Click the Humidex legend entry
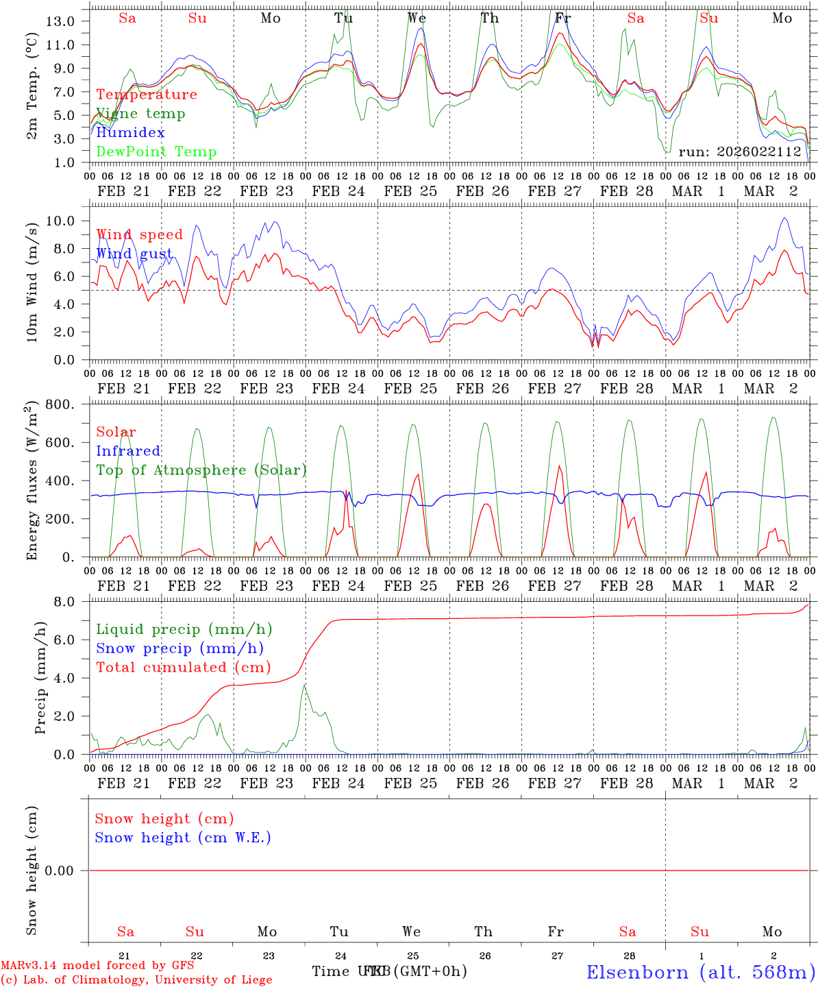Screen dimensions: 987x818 tap(130, 133)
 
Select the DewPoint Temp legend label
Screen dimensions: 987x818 tap(156, 152)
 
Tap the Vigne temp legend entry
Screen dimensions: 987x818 tap(140, 114)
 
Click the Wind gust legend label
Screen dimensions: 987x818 tap(134, 254)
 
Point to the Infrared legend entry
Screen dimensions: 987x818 tap(128, 451)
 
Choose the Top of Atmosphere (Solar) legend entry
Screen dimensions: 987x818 tap(201, 470)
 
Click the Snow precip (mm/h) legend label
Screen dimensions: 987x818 tap(179, 648)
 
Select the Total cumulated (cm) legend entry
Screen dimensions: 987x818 tap(183, 668)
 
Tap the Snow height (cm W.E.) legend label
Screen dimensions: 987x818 tap(183, 838)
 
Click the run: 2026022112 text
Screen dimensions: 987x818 tap(739, 151)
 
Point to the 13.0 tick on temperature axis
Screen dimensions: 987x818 tap(60, 21)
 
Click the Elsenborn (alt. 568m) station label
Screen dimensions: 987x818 tap(700, 972)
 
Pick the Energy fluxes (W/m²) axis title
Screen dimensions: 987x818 tap(32, 483)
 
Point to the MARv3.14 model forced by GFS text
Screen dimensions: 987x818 tap(97, 966)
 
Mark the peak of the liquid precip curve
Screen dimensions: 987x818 tap(305, 684)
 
